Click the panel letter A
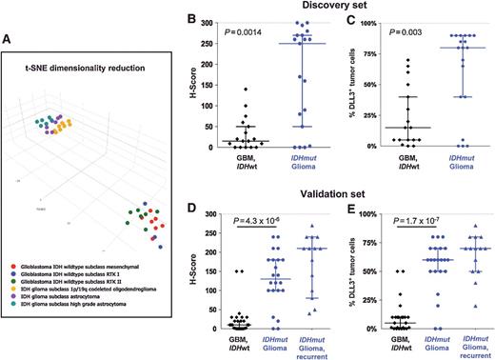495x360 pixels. [x=10, y=39]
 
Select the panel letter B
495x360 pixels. [x=170, y=16]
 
